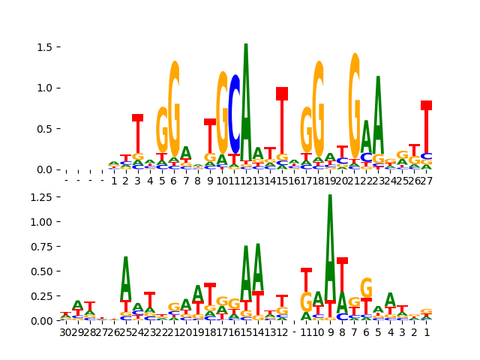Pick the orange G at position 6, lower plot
(x=366, y=289)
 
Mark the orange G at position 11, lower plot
(x=306, y=301)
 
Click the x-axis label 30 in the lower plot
(x=66, y=332)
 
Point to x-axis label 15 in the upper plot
(x=282, y=181)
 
